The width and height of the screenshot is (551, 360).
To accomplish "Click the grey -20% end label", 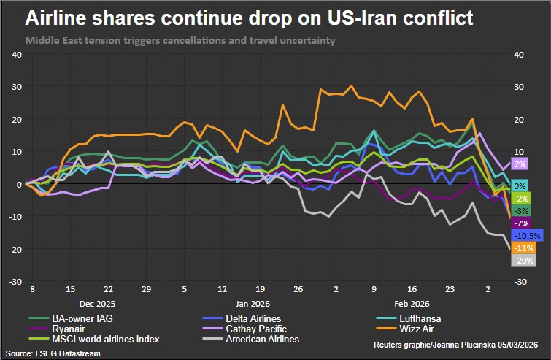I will (x=524, y=260).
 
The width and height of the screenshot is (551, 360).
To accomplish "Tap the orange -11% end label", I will (x=524, y=248).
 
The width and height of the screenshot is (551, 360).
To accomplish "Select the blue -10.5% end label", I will (x=526, y=235).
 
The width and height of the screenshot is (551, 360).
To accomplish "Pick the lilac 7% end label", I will (x=520, y=164).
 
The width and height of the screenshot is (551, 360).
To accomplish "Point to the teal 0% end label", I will (x=520, y=186).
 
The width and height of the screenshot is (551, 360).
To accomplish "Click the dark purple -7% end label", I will (x=522, y=223).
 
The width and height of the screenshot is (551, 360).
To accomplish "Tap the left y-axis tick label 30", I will (x=15, y=86).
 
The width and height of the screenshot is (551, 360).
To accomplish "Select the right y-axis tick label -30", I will (x=520, y=282).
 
